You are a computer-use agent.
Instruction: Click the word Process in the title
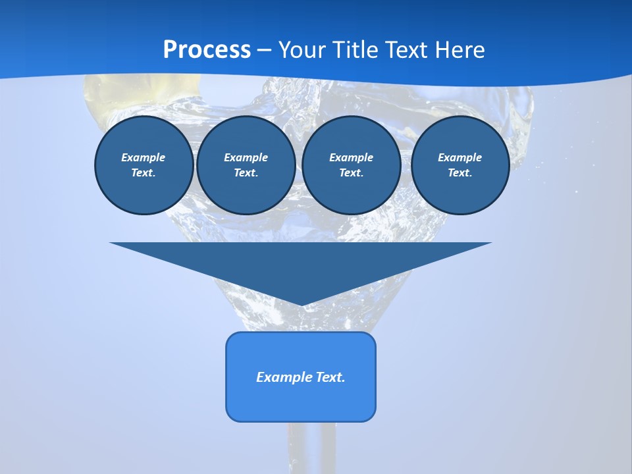(207, 50)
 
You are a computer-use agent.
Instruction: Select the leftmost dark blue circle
(144, 165)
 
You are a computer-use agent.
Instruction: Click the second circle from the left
(246, 165)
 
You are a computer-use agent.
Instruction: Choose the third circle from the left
(352, 165)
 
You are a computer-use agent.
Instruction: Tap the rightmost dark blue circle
(460, 165)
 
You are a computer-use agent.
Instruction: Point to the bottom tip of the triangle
(302, 304)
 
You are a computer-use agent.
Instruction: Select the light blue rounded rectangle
(301, 402)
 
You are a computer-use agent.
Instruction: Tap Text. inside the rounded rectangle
(330, 377)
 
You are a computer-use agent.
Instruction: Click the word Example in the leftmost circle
(144, 157)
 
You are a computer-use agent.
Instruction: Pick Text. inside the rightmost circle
(460, 173)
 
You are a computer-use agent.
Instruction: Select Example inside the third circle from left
(352, 157)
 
